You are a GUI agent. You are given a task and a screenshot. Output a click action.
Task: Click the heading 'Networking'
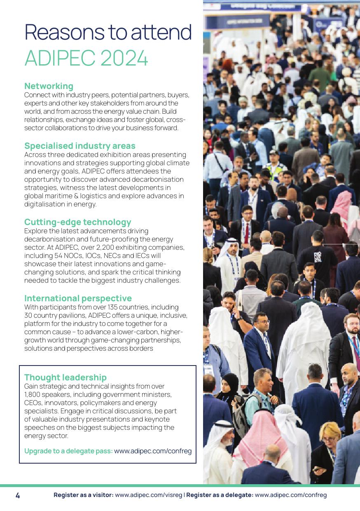[x=49, y=86]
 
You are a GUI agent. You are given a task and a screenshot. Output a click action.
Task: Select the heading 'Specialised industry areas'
[x=79, y=146]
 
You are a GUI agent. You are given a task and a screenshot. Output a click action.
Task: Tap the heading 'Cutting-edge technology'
[x=77, y=222]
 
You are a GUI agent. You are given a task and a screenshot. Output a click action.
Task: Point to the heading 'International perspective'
[x=78, y=298]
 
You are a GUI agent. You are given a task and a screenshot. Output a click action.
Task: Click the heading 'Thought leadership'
[x=65, y=377]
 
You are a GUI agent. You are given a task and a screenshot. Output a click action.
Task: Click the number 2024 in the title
[x=124, y=59]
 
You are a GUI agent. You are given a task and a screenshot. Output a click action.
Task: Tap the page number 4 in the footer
[x=18, y=495]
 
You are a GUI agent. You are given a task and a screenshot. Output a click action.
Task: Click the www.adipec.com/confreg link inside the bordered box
[x=153, y=451]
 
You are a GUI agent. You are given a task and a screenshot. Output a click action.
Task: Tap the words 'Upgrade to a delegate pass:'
[x=68, y=451]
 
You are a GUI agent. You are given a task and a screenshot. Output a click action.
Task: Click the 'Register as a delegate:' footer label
[x=220, y=495]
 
